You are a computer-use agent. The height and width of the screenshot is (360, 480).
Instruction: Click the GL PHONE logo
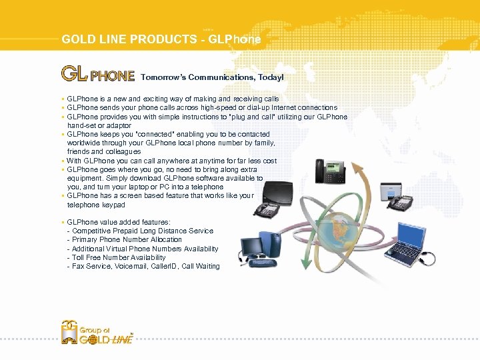tap(98, 73)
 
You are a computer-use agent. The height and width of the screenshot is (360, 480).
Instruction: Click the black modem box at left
tap(279, 193)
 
